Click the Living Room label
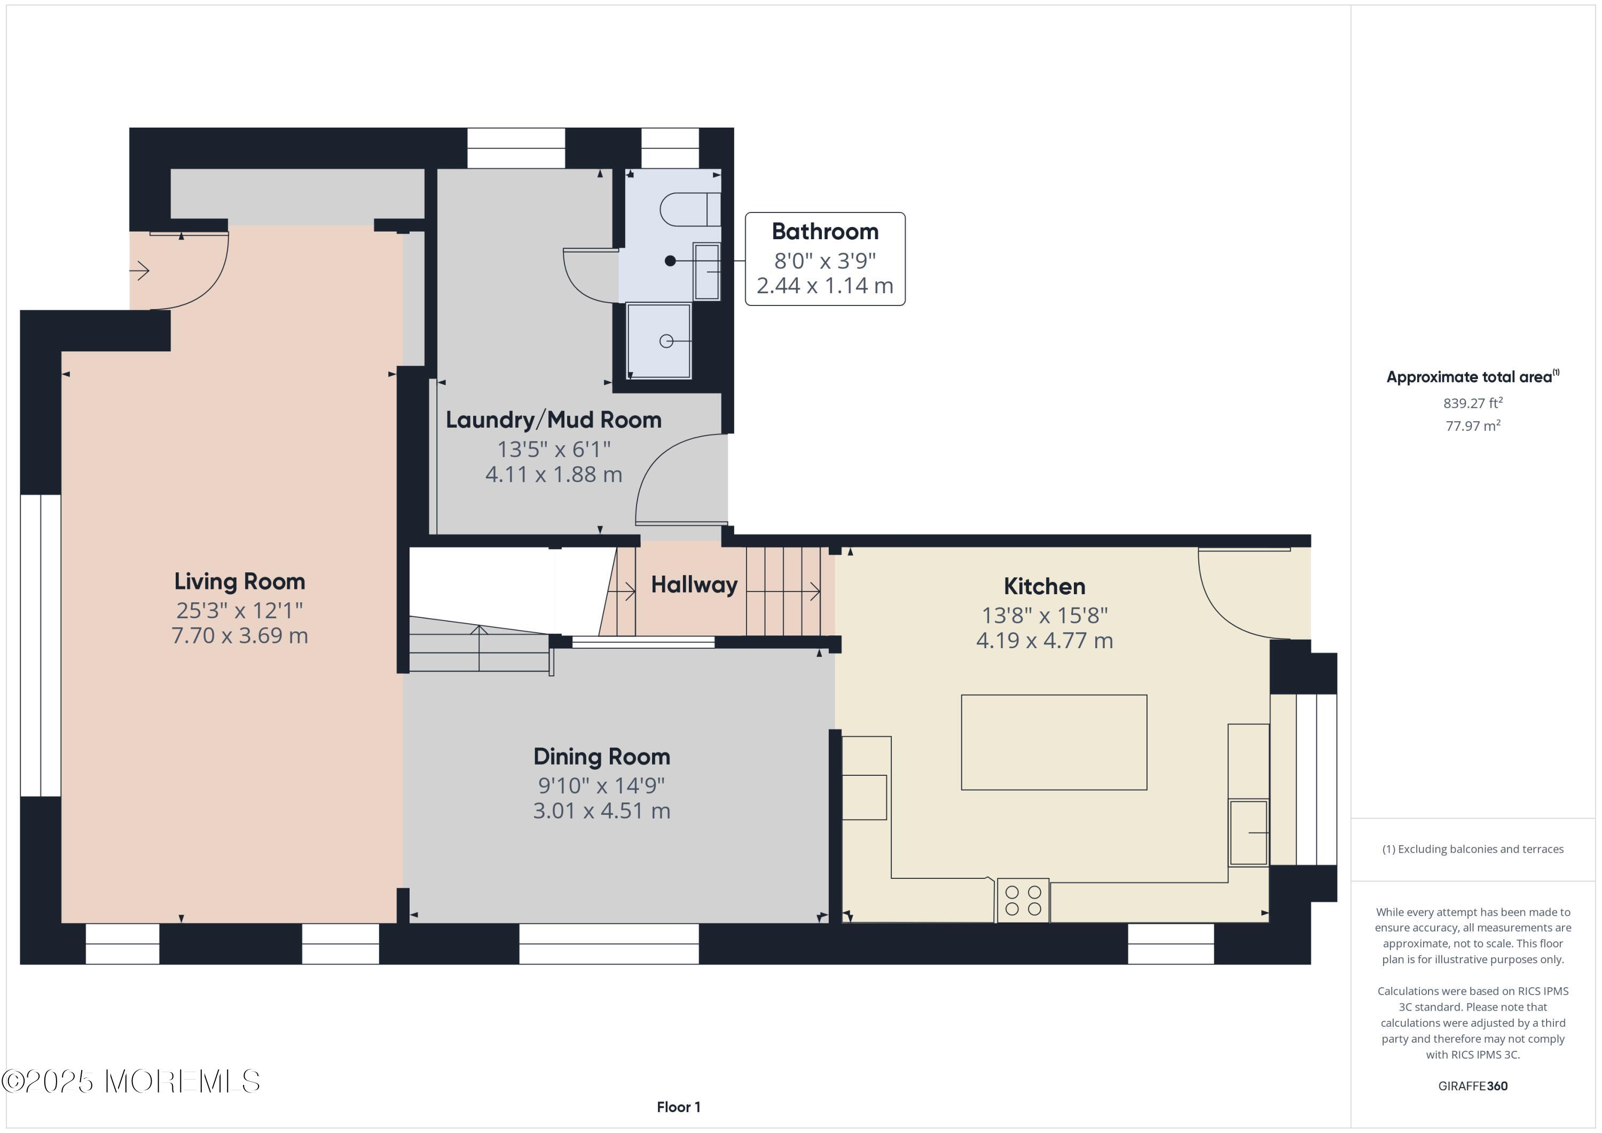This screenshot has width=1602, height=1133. [239, 581]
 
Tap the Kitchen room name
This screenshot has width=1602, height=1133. [1044, 586]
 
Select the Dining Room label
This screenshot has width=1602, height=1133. [601, 756]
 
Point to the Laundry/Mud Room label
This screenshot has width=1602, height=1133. [553, 419]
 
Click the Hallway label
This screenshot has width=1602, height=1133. [694, 585]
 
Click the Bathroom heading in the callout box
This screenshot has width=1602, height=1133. [824, 231]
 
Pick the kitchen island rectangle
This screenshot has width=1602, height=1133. [1054, 742]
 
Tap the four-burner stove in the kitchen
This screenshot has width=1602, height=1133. [1023, 900]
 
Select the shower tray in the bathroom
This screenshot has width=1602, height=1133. [658, 341]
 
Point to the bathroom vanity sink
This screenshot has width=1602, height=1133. [706, 271]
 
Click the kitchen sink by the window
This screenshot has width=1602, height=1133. [1248, 832]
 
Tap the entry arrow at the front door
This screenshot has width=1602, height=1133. [139, 270]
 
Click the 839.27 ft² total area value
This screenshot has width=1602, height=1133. [1472, 403]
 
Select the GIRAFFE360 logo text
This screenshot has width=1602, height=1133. [1472, 1085]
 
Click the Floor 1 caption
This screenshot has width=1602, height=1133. [678, 1106]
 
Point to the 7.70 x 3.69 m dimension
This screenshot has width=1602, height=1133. [239, 635]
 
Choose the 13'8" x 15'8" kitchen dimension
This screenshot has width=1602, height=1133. [1044, 615]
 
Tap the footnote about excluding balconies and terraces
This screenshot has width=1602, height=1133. [1472, 849]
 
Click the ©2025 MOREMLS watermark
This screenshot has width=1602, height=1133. [130, 1081]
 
